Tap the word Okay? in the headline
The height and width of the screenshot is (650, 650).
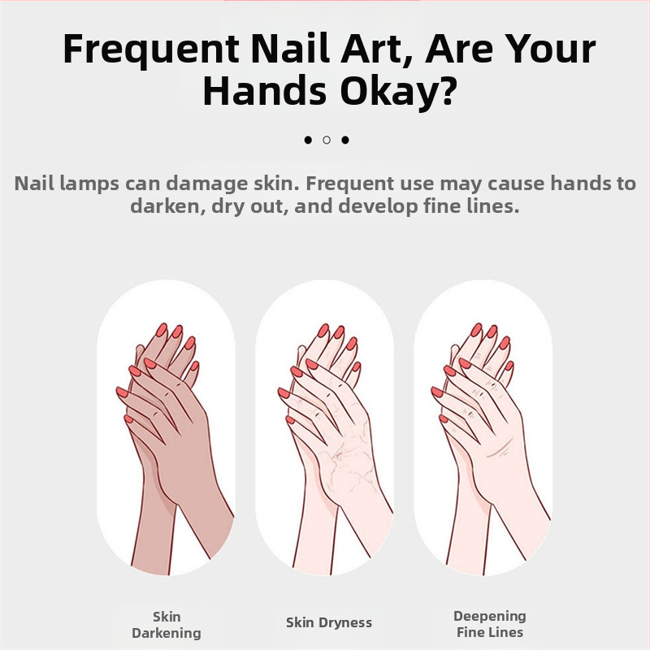398,91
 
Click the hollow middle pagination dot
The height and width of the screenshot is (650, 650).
327,140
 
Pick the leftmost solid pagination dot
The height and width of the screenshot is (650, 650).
308,140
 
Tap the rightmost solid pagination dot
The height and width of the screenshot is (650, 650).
345,140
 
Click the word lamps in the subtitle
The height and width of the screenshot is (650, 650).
89,184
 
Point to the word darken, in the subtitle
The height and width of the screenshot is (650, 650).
168,206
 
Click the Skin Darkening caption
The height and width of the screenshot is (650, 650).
167,625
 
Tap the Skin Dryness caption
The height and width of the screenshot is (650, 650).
329,622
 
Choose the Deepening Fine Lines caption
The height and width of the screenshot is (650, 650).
490,624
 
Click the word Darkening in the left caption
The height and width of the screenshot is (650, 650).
167,634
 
